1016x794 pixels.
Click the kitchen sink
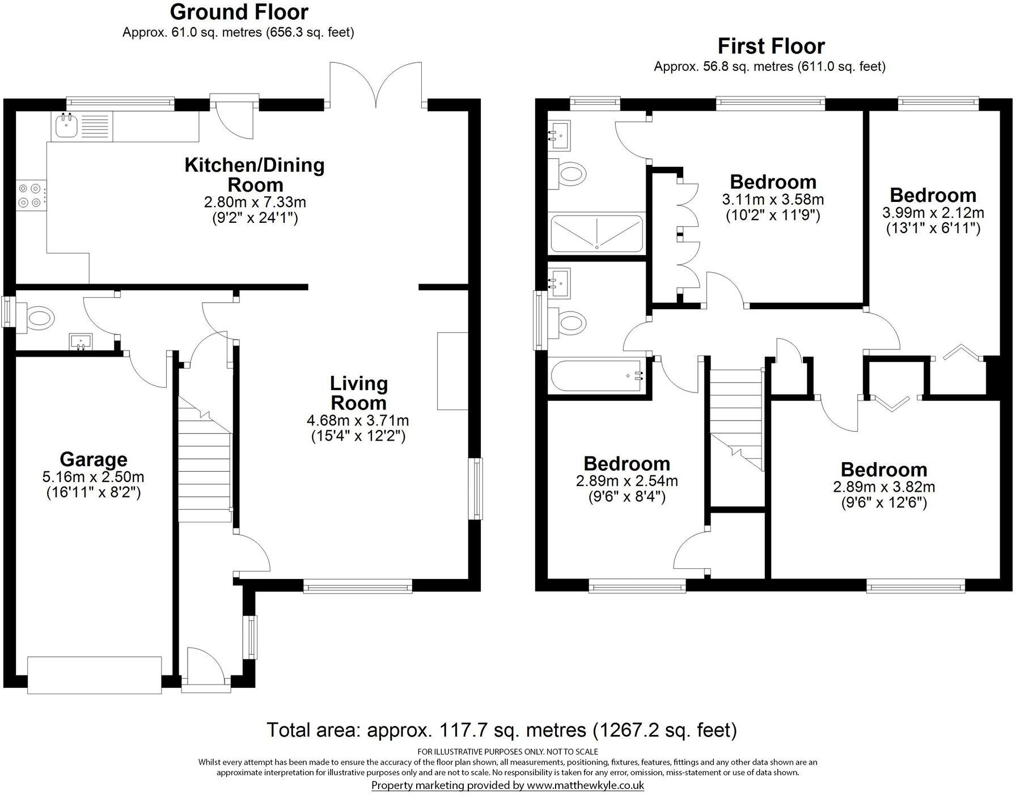pos(67,126)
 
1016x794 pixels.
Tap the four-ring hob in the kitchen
pos(31,195)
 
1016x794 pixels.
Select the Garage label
pos(94,459)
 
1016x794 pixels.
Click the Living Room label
pos(358,393)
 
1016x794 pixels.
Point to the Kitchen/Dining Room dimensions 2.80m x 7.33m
pos(255,202)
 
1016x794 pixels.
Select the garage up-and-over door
pos(95,675)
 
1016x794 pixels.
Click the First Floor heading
pos(771,45)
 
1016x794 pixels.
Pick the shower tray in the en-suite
pos(597,234)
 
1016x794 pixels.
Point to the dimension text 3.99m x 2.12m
pos(933,213)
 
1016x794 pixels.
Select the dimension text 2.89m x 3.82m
pos(884,487)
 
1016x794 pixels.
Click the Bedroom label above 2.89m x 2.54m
pos(626,463)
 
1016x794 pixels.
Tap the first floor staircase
pos(735,420)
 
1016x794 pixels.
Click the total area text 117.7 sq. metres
pos(501,729)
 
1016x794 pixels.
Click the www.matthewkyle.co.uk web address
pos(585,785)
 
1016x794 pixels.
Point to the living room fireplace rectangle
pos(452,370)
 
